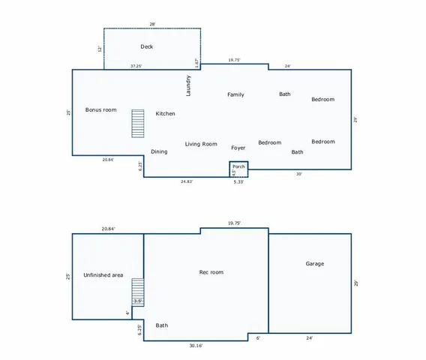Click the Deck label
point(147,46)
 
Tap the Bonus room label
point(100,109)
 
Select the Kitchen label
point(165,113)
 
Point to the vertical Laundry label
point(189,85)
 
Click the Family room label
point(235,94)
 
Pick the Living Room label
point(201,144)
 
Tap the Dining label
point(159,151)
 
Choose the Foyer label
point(238,148)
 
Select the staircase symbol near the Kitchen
point(137,124)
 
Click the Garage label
point(315,264)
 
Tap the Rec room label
point(211,272)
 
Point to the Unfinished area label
point(103,275)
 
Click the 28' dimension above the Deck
point(152,24)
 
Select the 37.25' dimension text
point(136,66)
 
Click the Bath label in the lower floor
point(162,325)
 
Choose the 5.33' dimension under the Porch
point(238,181)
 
